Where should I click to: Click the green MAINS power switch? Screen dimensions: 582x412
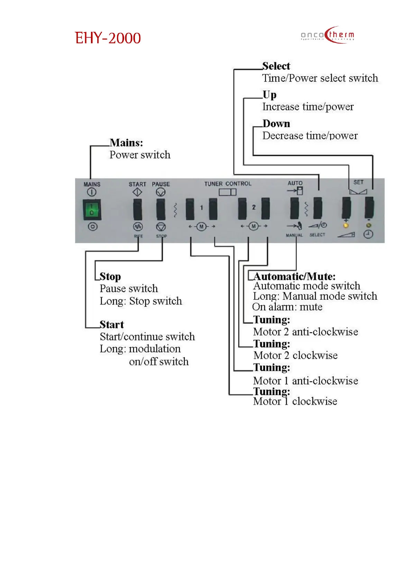[92, 209]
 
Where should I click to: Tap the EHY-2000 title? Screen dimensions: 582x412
[108, 38]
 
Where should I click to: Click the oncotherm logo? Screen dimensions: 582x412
[327, 35]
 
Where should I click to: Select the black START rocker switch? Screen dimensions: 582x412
[138, 209]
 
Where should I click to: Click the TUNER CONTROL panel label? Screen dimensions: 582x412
[228, 184]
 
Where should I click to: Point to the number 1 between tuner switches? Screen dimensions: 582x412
[202, 208]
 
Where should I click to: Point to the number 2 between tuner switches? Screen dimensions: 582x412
[254, 207]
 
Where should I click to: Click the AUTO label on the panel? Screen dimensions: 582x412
[295, 183]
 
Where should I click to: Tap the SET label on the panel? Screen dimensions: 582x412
[358, 182]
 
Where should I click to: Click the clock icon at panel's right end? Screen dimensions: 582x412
[368, 234]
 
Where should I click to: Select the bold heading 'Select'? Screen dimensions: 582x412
[276, 66]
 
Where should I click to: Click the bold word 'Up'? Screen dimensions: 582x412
[269, 95]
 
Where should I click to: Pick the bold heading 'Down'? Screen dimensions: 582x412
[276, 124]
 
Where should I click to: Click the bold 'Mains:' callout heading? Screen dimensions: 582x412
[126, 143]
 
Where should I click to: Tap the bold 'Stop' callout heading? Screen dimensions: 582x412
[110, 276]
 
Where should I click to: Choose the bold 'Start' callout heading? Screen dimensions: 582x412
[112, 325]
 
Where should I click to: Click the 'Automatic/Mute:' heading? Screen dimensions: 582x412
[294, 276]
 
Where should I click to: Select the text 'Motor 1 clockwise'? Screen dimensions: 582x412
[295, 401]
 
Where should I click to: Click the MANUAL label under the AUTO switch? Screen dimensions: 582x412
[294, 235]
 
